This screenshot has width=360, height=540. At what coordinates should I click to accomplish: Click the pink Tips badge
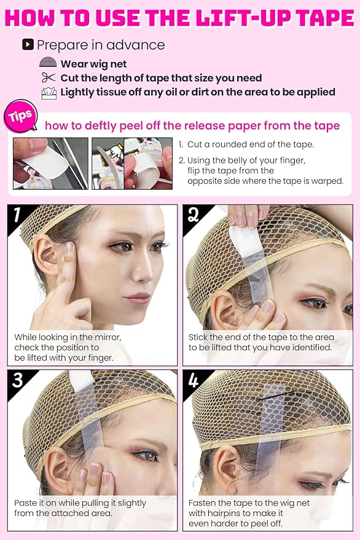click(x=21, y=116)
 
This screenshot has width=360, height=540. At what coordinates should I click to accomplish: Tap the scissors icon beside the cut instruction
click(x=48, y=78)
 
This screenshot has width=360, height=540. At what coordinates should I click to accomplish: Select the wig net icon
click(x=48, y=63)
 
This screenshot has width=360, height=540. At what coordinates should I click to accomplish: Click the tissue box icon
click(x=48, y=92)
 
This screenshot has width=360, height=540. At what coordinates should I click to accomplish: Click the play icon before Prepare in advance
click(x=27, y=44)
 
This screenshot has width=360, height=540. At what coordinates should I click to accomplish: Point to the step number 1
click(x=17, y=215)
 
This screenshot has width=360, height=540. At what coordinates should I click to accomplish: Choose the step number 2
click(x=193, y=214)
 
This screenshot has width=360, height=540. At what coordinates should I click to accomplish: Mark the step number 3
click(x=18, y=380)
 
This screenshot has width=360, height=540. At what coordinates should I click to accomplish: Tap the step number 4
click(x=194, y=380)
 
